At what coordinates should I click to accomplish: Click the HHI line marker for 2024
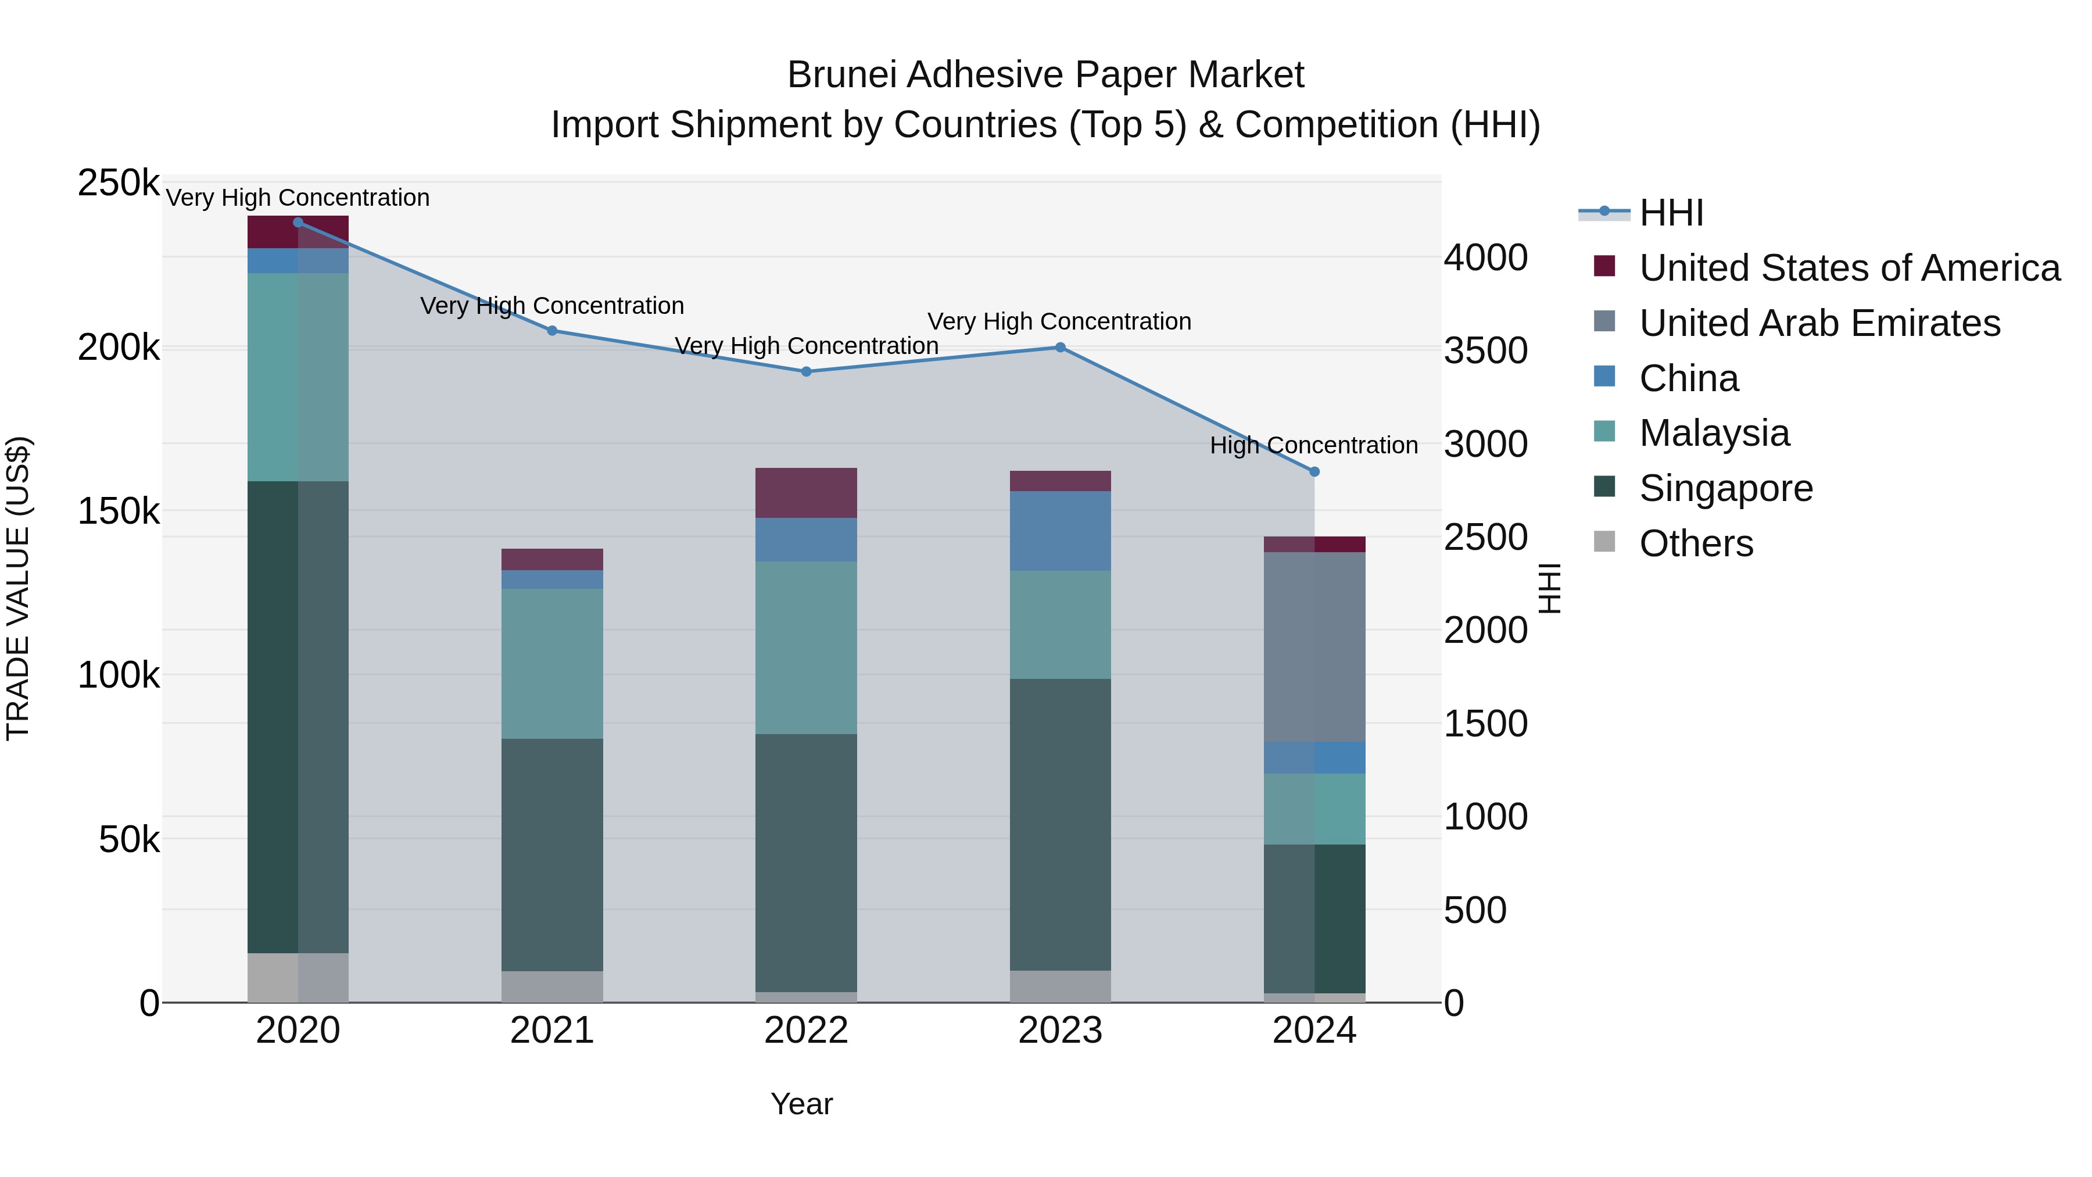point(1314,472)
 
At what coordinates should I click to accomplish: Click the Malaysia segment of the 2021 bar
point(552,664)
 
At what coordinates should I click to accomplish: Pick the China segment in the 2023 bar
point(1060,531)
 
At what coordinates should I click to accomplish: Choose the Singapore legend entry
point(1726,489)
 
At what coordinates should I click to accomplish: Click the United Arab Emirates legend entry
point(1819,323)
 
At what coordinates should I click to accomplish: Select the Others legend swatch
point(1604,542)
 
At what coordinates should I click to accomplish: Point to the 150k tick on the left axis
point(119,513)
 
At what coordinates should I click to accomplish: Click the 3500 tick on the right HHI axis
point(1485,352)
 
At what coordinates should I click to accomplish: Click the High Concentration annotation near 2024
point(1313,445)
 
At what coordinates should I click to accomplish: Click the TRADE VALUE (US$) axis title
point(18,588)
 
